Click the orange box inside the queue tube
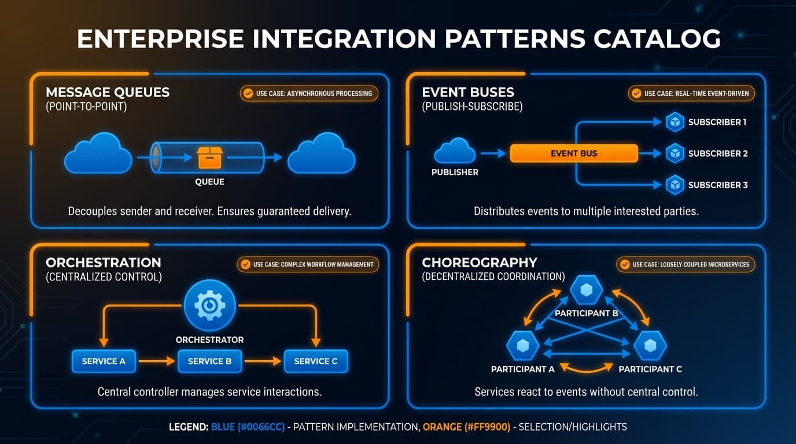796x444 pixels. (209, 157)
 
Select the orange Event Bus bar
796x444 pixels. (574, 153)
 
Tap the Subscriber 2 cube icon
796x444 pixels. (675, 153)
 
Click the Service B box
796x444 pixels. (209, 361)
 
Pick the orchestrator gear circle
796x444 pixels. (209, 306)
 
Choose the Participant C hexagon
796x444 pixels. (650, 346)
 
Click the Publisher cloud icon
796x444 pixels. (455, 151)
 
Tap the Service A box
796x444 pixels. (104, 361)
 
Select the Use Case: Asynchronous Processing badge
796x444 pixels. (309, 93)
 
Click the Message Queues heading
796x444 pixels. (108, 92)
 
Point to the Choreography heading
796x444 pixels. (480, 262)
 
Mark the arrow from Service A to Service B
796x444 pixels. (156, 361)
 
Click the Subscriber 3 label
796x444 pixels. (717, 185)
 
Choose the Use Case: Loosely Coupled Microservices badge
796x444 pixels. (686, 264)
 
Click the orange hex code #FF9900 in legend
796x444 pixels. (466, 427)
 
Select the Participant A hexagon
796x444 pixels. (523, 346)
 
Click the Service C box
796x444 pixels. (316, 361)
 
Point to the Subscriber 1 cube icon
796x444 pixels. (675, 122)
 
